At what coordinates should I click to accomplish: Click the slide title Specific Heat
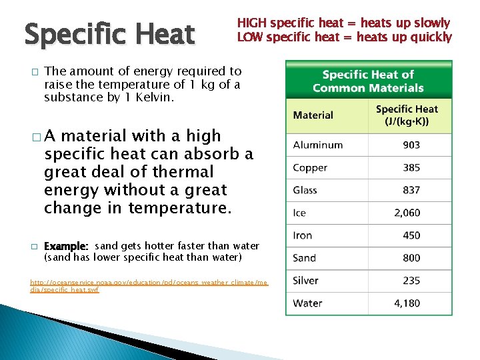109,35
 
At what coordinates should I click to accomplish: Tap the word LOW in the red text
249,37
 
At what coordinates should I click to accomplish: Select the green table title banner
368,81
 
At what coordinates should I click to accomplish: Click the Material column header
313,115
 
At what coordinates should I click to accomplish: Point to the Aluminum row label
317,145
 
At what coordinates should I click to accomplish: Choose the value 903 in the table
411,145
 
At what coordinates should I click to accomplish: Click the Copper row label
310,168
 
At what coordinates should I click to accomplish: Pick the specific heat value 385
411,168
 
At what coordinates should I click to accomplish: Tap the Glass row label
305,191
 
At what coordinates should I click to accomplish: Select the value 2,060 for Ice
407,213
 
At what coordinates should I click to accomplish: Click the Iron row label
303,235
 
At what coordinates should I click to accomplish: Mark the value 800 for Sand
411,258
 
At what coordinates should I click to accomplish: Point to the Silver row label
305,281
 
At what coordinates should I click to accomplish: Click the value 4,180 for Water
407,303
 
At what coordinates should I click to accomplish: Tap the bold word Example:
67,246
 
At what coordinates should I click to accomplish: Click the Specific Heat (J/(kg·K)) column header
407,115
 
